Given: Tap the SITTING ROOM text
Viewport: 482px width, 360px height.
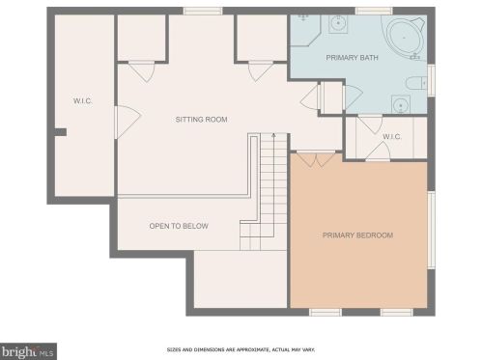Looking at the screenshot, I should coord(200,120).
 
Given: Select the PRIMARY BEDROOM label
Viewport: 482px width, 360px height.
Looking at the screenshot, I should coord(357,235).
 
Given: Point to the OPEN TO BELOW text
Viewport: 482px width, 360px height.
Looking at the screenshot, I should coord(178,226).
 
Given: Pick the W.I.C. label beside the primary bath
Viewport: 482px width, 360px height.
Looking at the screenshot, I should coord(391,136).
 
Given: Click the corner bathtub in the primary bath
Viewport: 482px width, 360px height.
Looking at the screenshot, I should coord(401,36).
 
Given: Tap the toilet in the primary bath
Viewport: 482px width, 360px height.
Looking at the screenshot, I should coord(416,84).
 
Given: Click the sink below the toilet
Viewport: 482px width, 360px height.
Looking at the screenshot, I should coord(398,104).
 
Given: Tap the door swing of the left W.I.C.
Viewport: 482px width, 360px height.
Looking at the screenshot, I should coord(127,121).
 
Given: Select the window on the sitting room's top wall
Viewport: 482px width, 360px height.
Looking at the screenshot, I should coord(203,11).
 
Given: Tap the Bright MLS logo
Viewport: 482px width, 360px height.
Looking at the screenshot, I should coord(28,350).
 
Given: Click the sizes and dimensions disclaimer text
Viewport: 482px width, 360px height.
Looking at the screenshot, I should coord(256,348).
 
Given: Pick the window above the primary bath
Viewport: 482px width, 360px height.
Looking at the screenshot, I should coord(366,11).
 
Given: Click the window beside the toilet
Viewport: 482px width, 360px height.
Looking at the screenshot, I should coord(431,79).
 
